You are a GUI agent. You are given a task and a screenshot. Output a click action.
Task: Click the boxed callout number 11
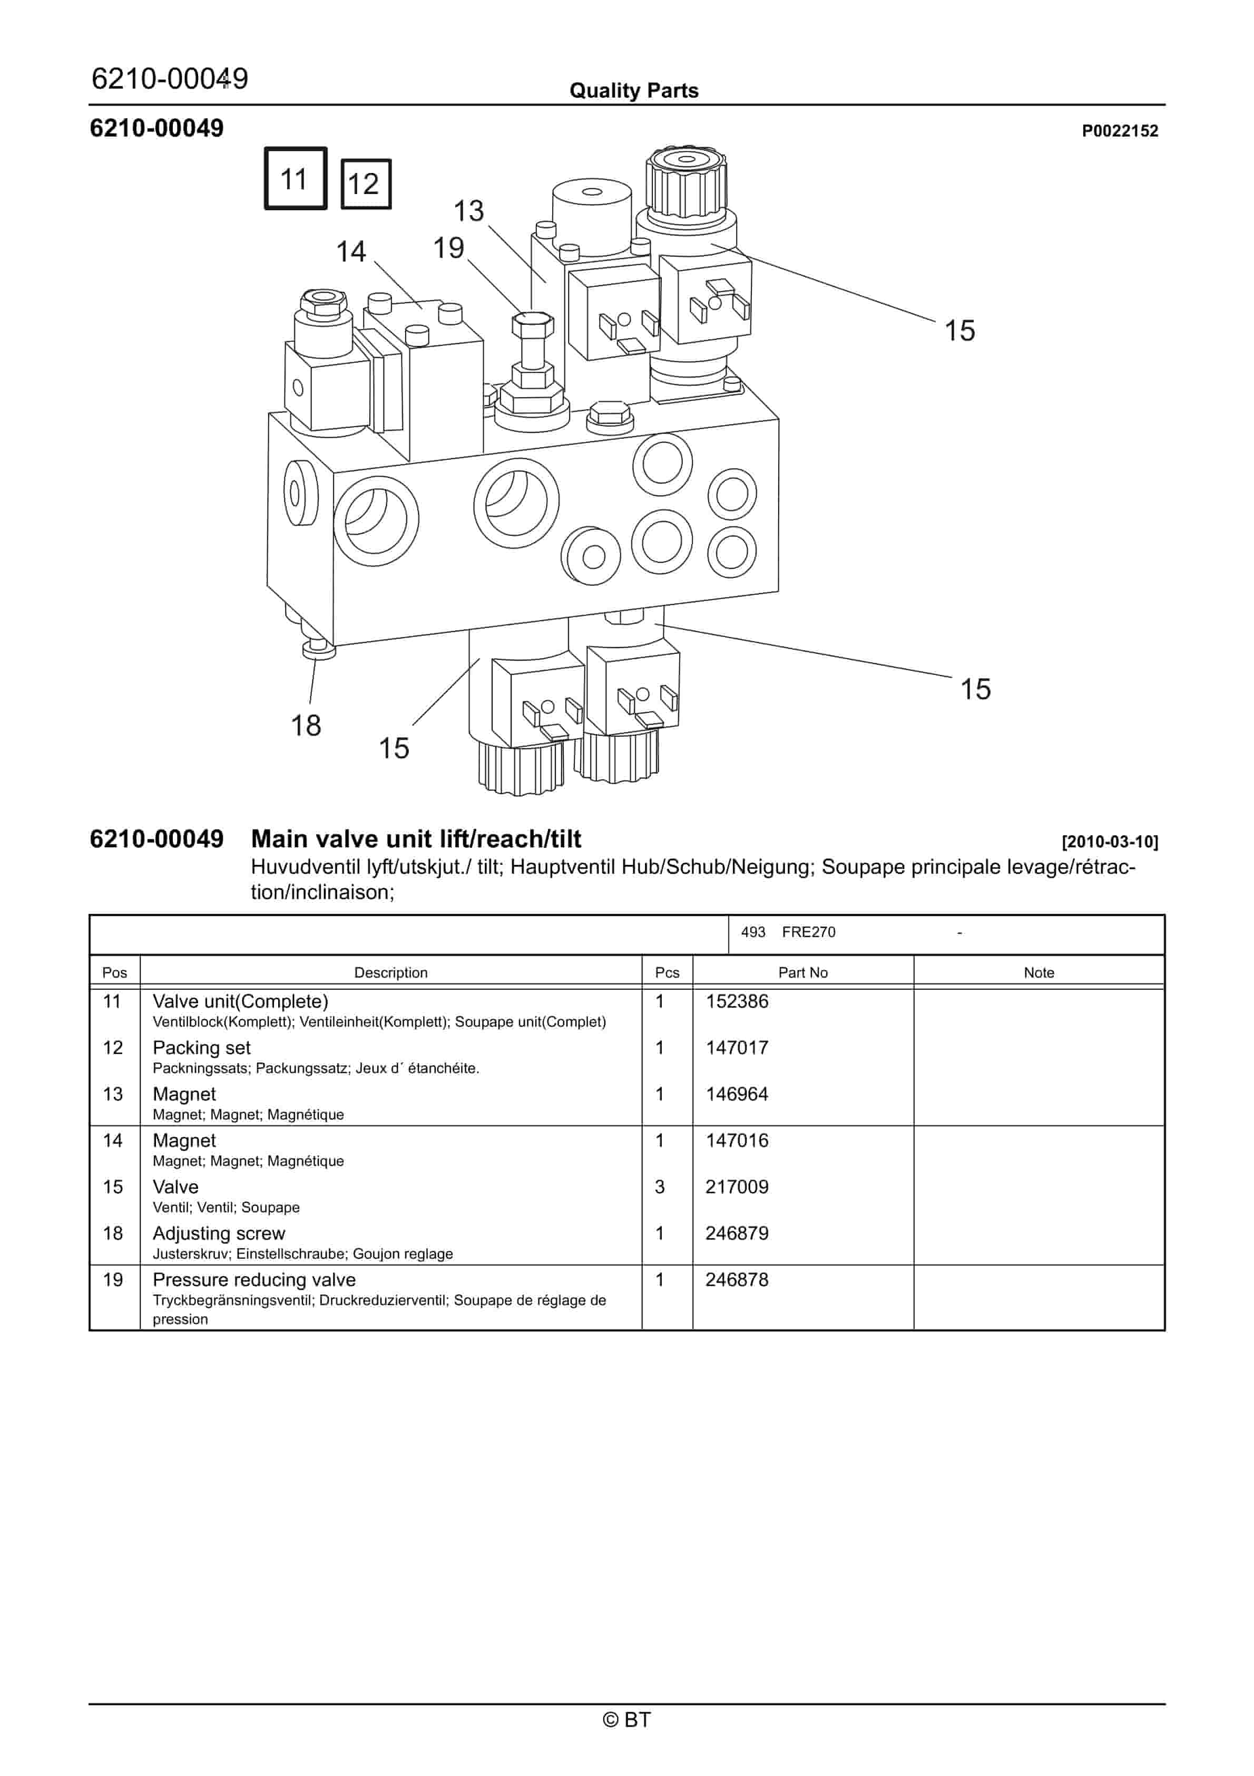[295, 179]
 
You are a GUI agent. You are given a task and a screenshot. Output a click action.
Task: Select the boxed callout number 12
[365, 184]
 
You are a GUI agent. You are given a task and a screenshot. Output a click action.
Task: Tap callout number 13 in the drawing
[468, 210]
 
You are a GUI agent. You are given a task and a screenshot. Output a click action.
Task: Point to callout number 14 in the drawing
[351, 252]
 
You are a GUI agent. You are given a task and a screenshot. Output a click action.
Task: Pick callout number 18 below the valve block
[306, 726]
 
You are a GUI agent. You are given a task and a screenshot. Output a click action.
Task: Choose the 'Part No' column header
[802, 972]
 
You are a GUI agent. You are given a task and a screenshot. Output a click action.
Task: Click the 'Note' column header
[1039, 972]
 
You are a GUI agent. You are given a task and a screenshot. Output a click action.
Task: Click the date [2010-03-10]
[1110, 842]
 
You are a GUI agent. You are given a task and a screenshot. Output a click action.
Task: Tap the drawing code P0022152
[1120, 131]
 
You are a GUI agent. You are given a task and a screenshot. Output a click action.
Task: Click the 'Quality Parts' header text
[634, 91]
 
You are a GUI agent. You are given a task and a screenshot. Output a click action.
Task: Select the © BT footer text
[627, 1720]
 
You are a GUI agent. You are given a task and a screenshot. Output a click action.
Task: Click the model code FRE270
[809, 932]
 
